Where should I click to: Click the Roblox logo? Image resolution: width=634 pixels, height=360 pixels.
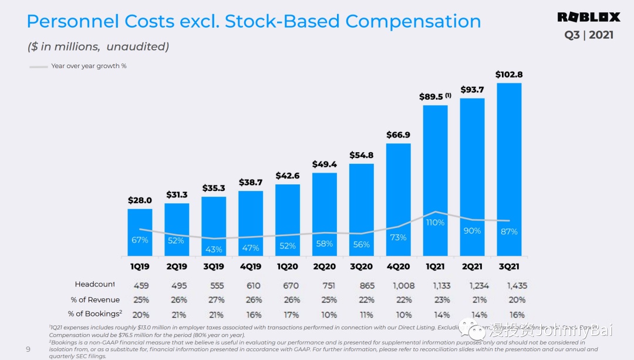[x=588, y=17]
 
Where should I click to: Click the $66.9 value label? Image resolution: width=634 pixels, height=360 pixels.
[x=398, y=135]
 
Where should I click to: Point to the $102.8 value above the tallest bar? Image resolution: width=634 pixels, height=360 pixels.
[x=509, y=75]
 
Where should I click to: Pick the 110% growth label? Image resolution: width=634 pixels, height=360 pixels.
[x=435, y=223]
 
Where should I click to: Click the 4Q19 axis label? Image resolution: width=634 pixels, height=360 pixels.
[x=251, y=266]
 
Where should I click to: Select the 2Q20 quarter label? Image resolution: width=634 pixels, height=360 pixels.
[x=324, y=266]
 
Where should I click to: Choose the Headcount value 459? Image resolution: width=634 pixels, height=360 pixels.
[x=140, y=285]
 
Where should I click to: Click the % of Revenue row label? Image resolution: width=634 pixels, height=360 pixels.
[x=95, y=300]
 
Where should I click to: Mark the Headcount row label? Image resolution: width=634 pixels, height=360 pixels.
[x=95, y=285]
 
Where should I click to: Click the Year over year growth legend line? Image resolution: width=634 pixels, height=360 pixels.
[x=39, y=66]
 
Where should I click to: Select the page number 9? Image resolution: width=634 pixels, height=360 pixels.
[x=28, y=349]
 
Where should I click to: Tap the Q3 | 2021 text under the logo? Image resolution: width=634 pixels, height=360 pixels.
[x=589, y=35]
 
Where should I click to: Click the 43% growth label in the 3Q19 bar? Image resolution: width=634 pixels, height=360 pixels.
[x=214, y=250]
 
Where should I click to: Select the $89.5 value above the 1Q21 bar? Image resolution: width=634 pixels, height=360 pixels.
[x=431, y=97]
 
